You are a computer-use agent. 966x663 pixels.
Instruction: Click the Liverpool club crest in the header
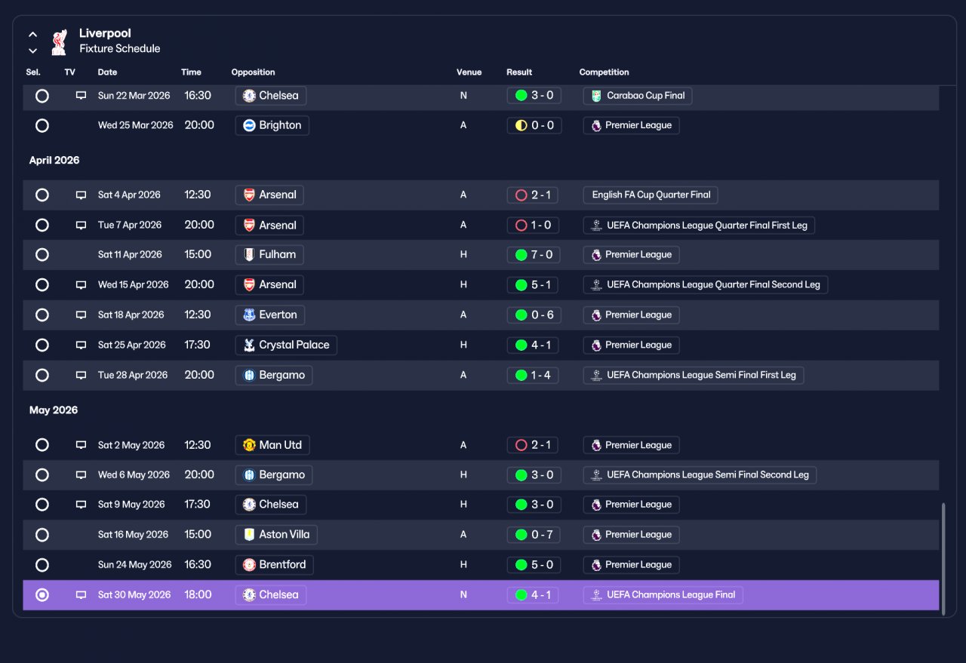(59, 42)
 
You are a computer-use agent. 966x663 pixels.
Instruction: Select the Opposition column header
(253, 72)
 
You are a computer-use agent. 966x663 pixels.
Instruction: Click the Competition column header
(604, 72)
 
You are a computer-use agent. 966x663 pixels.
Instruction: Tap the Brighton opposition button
(272, 125)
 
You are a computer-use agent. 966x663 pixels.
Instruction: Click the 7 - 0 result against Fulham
(534, 255)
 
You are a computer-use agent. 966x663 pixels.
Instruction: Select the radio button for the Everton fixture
(42, 315)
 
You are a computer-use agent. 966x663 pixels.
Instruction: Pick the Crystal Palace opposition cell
(286, 345)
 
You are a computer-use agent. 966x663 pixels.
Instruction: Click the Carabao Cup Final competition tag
(638, 96)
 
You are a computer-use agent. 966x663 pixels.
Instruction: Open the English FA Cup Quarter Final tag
(651, 195)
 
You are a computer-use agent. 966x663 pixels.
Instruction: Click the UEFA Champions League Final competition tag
(663, 595)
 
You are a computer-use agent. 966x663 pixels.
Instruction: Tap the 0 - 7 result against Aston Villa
(534, 535)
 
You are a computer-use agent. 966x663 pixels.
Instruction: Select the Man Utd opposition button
(272, 445)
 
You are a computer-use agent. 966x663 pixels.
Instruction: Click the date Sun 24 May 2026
(134, 565)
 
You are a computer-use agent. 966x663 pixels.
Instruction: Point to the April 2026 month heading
(54, 161)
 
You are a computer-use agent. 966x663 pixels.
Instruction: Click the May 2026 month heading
(54, 410)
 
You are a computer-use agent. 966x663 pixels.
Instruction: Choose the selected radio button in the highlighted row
(42, 595)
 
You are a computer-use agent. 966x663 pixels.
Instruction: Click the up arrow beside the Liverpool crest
(32, 35)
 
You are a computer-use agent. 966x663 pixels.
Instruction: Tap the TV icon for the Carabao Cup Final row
(81, 95)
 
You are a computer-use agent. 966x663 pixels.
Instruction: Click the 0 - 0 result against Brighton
(534, 125)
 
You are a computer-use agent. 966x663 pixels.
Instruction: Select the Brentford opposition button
(274, 565)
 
